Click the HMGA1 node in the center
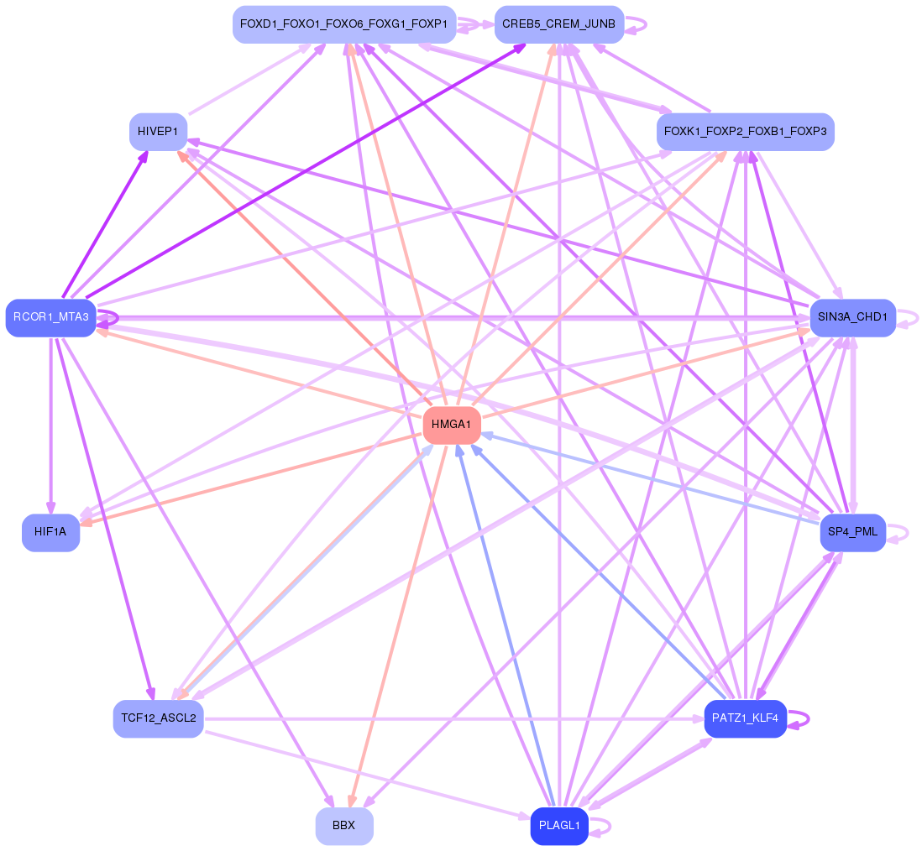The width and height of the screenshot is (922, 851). pos(452,425)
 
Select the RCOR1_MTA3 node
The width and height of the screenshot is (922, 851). pos(50,318)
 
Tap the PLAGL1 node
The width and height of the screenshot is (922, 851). pos(559,826)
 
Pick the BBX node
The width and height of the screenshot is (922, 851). pos(344,826)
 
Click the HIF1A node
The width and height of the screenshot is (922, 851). pos(50,532)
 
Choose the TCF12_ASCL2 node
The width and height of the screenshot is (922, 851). pos(158,718)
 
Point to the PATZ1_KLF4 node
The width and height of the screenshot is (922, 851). pos(745,718)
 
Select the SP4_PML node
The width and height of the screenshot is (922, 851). pos(852,532)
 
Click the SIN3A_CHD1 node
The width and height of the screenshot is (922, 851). pos(852,318)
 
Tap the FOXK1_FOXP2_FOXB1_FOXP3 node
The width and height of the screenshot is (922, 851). pos(745,132)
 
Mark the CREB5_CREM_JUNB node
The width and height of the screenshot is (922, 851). pos(559,24)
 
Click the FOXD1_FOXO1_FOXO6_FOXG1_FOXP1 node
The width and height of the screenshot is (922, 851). pos(344,24)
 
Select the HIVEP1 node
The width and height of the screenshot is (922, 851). pos(158,132)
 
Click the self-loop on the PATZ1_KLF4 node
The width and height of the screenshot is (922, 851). pos(799,718)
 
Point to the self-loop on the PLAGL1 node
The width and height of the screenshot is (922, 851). pos(600,826)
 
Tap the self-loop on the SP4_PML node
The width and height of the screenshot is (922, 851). pos(898,533)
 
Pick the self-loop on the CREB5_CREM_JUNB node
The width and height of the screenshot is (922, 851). pos(636,24)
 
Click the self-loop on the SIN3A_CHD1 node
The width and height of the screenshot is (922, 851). pos(908,318)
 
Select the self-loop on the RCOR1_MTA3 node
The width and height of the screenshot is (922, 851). pos(107,318)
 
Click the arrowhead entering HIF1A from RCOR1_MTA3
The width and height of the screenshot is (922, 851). pos(51,509)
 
